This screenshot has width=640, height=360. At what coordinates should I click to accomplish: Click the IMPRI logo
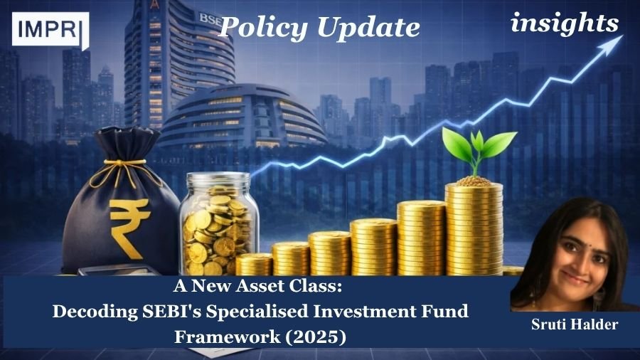pos(50,30)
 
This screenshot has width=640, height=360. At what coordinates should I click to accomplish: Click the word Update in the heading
pos(368,27)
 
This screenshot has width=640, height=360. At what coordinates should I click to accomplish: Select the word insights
pos(565,23)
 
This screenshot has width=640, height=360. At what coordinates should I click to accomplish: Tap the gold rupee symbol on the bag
pos(129,226)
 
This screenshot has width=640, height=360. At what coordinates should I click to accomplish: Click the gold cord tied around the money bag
pos(118,169)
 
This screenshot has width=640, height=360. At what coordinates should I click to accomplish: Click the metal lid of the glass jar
pos(218,179)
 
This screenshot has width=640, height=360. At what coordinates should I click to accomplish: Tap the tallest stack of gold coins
pos(474,228)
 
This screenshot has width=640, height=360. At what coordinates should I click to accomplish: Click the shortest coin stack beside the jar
pos(254,265)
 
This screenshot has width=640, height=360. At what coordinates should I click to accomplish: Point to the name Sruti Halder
pos(575,324)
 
